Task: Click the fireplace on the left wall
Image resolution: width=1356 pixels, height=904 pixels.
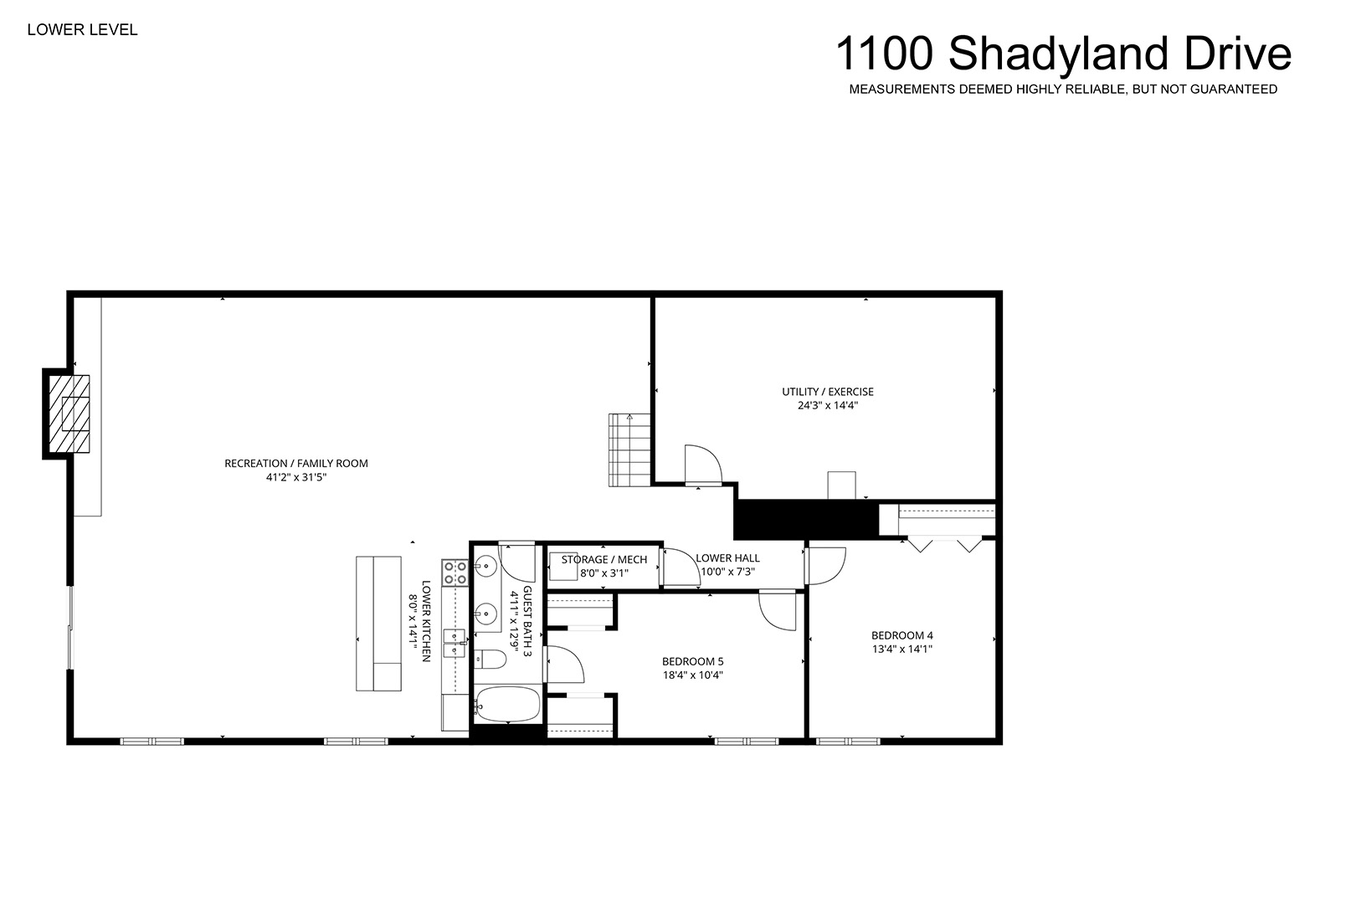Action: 69,414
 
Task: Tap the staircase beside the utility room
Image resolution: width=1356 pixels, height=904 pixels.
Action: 629,449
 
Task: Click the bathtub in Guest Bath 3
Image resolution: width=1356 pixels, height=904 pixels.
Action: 507,704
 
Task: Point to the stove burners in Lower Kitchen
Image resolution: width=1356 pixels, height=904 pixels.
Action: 455,573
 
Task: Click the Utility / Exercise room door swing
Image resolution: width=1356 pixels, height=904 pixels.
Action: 703,465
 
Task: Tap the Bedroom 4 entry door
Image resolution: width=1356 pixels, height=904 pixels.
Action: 825,566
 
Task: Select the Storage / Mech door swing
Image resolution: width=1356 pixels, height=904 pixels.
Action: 682,568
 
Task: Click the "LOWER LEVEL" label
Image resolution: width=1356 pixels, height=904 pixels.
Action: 82,29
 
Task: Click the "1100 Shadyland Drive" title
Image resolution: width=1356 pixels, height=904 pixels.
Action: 1063,54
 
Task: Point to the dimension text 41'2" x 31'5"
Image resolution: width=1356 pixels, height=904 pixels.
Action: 296,477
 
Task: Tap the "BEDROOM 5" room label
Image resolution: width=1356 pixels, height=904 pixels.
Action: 692,662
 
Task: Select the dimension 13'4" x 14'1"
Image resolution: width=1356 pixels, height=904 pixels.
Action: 902,649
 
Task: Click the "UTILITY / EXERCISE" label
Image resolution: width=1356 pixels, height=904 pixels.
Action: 828,392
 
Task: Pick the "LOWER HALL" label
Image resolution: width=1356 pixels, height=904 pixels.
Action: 727,558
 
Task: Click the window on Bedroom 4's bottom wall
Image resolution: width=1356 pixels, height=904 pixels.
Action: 848,741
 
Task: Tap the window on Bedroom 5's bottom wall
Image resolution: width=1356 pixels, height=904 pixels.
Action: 747,741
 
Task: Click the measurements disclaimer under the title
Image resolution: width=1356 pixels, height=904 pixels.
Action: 1063,89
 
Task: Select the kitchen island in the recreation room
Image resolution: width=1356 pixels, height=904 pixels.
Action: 378,624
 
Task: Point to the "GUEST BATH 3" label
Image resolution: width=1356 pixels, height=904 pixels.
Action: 526,621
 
